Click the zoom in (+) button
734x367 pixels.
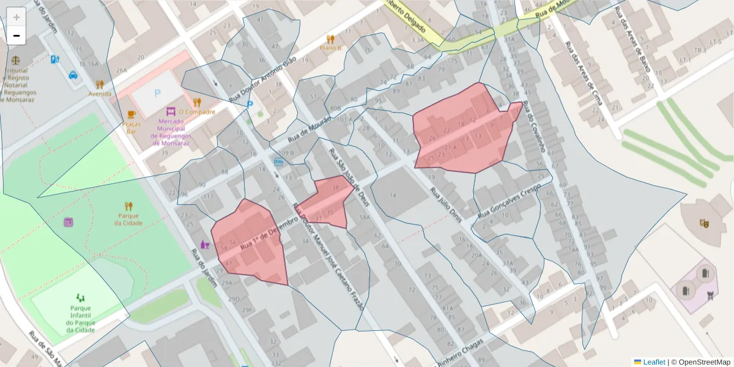tap(17, 17)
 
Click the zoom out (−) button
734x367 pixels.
tap(17, 35)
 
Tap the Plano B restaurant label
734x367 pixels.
tap(330, 47)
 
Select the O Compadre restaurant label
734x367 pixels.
tap(196, 112)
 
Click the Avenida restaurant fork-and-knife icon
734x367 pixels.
tap(100, 84)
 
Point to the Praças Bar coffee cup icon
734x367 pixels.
tap(132, 114)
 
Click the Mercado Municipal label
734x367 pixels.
tap(171, 128)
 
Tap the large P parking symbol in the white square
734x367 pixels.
tap(157, 94)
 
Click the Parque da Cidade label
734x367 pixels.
tap(128, 219)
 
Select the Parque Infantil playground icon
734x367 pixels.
tap(81, 297)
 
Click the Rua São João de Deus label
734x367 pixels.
tap(348, 177)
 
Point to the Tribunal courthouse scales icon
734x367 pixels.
tap(15, 61)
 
